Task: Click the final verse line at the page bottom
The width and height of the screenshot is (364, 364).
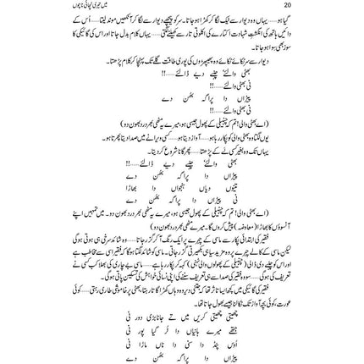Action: pos(193,347)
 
